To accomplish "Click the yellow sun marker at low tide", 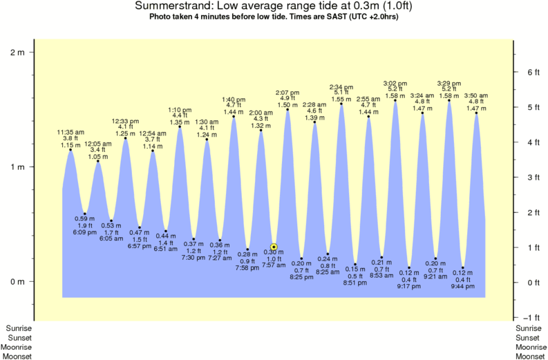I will (x=274, y=247).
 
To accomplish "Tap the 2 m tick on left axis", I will (x=32, y=52).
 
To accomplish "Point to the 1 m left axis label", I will (x=17, y=167).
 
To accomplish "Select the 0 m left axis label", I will (x=17, y=282).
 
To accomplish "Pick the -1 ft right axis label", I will (x=532, y=318).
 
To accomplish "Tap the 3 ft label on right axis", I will (x=532, y=178).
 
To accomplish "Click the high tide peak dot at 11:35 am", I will (x=70, y=150).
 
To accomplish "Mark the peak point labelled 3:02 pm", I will (x=395, y=101).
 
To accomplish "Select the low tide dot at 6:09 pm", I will (x=85, y=214).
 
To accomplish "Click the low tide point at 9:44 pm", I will (x=463, y=267).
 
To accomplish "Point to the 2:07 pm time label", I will (x=287, y=93).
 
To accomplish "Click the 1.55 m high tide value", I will (x=341, y=99).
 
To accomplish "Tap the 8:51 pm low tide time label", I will (x=355, y=282).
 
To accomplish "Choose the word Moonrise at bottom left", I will (x=18, y=348).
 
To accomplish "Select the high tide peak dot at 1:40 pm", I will (x=234, y=117).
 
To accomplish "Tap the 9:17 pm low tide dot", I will (x=409, y=267).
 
